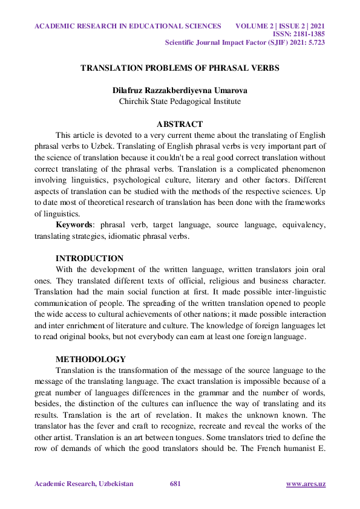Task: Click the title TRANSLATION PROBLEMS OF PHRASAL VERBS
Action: coord(180,68)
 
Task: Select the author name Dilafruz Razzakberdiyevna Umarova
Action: coord(180,90)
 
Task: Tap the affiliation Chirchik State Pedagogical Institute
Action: coord(180,101)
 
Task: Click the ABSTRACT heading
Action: coord(180,124)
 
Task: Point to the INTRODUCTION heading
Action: coord(90,258)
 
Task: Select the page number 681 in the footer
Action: coord(176,484)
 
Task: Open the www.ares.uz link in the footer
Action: coord(306,484)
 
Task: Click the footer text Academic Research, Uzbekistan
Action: coord(83,484)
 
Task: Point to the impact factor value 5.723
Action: coord(315,43)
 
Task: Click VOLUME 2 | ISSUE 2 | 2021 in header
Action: coord(280,26)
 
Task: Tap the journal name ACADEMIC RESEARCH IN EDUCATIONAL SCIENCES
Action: coord(128,26)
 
